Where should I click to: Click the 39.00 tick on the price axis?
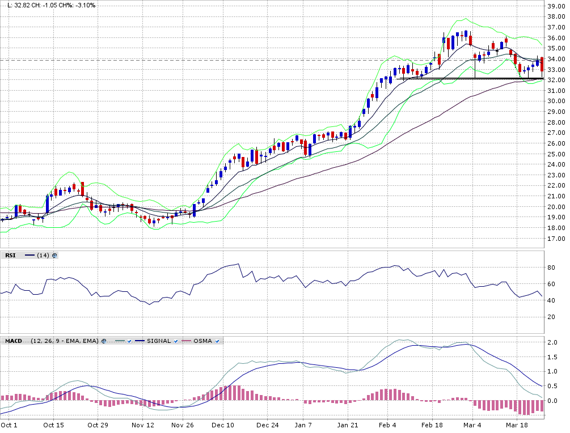[555, 6]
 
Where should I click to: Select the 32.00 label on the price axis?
[555, 80]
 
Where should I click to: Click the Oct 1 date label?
[9, 424]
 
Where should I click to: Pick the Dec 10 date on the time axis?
[223, 424]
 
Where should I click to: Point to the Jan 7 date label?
[303, 424]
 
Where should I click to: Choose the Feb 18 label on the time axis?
[432, 424]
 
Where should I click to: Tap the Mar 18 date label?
[516, 424]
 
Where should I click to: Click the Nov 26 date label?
[183, 424]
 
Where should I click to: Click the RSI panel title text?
[10, 256]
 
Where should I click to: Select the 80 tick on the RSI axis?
[550, 268]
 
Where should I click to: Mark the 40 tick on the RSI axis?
[550, 300]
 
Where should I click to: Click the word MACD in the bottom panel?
[14, 341]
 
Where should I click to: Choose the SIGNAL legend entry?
[159, 341]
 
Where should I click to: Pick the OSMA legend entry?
[202, 341]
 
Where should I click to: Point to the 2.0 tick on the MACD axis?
[551, 343]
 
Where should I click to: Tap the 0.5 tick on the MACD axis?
[551, 387]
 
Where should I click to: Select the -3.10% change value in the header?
[85, 5]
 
